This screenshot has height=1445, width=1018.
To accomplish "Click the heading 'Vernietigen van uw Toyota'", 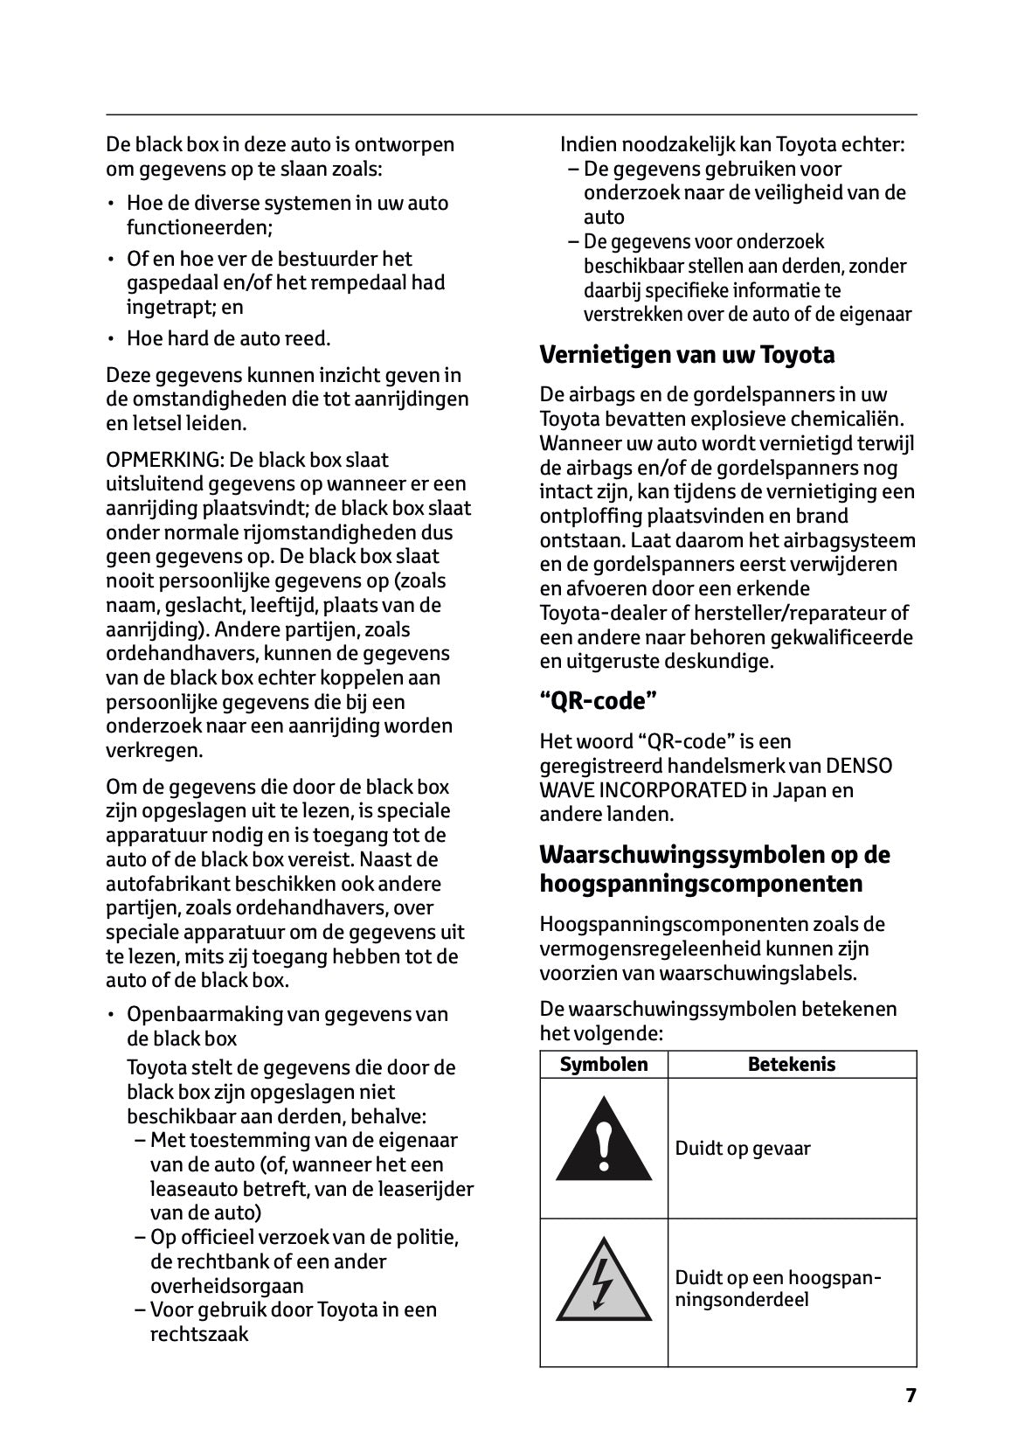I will (687, 355).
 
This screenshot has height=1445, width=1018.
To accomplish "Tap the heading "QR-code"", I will (598, 701).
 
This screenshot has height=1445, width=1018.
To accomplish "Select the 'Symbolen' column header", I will (604, 1064).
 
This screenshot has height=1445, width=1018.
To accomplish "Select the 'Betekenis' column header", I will (791, 1064).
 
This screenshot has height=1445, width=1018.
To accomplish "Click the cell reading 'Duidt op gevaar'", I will (743, 1148).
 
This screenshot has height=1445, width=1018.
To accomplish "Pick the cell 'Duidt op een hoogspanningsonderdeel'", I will (778, 1289).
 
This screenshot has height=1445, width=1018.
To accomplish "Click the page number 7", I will (911, 1395).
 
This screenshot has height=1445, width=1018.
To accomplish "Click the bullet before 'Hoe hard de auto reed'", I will (111, 339).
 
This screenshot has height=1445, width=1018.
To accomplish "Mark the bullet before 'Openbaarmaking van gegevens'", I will (111, 1015).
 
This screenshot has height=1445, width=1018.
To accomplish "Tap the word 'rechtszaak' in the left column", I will (199, 1334).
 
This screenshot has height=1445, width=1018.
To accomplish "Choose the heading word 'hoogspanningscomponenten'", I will (701, 884).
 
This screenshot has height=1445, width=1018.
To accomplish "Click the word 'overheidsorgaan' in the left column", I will (227, 1286).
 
